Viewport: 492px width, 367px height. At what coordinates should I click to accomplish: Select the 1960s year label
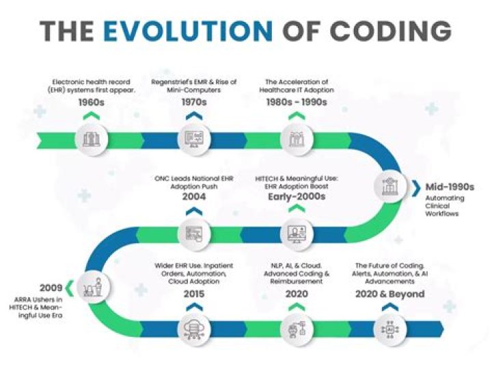pyautogui.click(x=92, y=103)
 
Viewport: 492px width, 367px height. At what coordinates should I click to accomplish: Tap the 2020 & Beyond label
pyautogui.click(x=389, y=294)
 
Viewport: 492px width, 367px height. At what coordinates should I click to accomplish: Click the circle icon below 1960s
pyautogui.click(x=92, y=139)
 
